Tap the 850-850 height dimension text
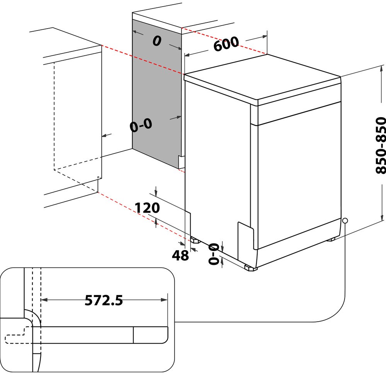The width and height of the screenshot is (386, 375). coord(380,145)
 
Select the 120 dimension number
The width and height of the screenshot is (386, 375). coord(147,208)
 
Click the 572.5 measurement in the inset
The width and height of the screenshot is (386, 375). coord(104,300)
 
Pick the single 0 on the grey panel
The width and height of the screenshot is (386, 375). coord(156,41)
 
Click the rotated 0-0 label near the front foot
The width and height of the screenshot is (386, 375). coord(214,254)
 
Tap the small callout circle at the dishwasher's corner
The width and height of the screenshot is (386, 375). coord(345,220)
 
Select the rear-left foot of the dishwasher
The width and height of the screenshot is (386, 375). coord(195,239)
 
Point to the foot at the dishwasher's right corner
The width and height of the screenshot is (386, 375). coord(331,240)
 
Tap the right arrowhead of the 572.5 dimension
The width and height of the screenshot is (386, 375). coord(164,300)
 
